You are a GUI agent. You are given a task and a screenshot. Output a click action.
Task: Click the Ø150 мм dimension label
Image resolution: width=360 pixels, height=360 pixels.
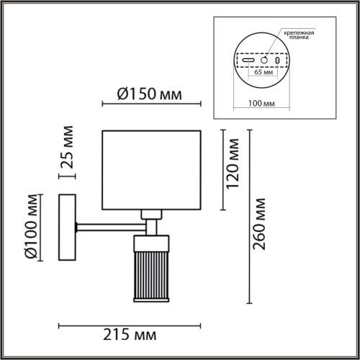pyautogui.click(x=147, y=94)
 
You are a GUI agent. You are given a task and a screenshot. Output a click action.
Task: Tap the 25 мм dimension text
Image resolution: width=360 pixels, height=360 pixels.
pyautogui.click(x=67, y=148)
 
